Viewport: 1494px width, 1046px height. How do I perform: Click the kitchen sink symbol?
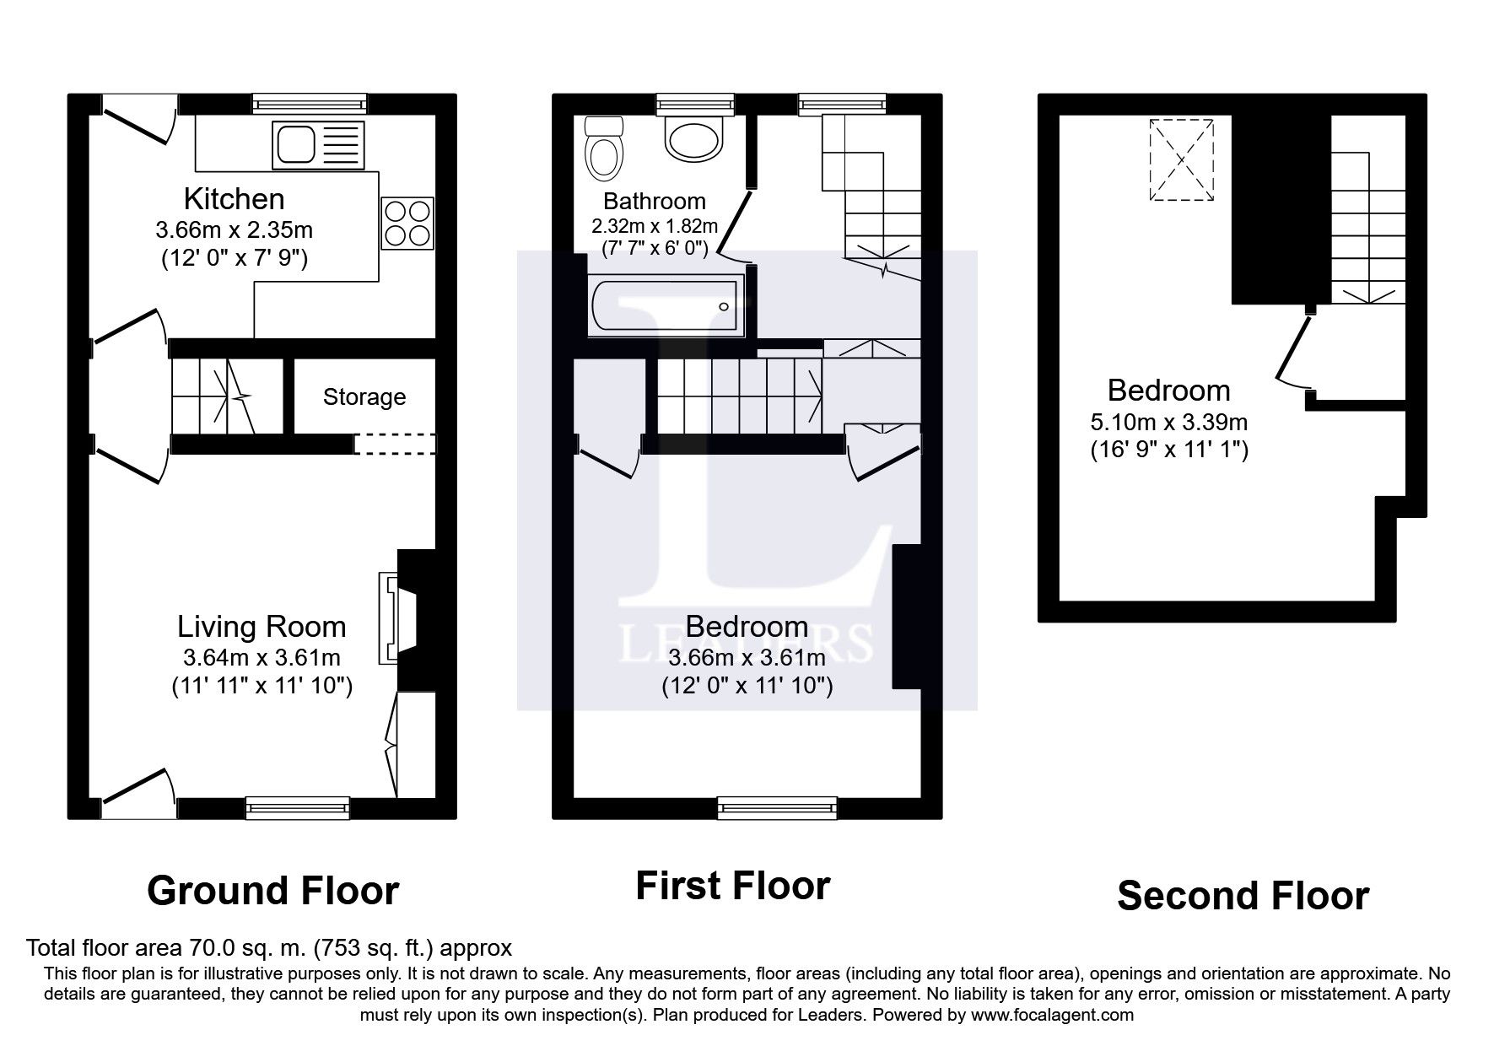pos(319,144)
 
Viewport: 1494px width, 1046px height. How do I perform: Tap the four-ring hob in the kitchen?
pos(408,223)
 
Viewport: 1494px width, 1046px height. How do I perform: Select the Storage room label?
pos(364,396)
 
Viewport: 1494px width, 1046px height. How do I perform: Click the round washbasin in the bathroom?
pos(693,138)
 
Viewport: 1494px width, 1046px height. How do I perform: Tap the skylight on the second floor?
pos(1181,159)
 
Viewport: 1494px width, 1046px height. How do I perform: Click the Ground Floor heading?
pos(272,891)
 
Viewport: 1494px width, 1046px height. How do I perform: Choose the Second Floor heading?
pos(1243,896)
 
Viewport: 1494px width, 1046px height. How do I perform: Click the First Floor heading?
pos(732,886)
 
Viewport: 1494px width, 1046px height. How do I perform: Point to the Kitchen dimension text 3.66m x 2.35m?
pos(234,229)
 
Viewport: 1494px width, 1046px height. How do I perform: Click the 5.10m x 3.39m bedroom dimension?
pos(1168,422)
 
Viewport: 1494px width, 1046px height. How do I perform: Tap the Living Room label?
pos(262,627)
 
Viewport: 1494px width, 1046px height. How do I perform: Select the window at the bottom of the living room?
pos(298,808)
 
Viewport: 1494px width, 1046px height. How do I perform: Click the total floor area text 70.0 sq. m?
pos(268,948)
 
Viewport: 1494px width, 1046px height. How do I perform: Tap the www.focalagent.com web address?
pos(1052,1015)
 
